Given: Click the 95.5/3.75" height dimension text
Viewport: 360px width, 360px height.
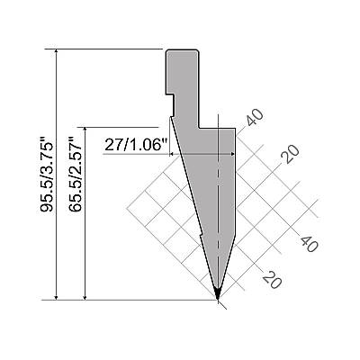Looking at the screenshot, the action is pos(47,175).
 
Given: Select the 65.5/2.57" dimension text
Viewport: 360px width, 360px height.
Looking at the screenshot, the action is pos(75,175).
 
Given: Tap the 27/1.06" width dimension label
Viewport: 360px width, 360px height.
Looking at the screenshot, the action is pos(136,146).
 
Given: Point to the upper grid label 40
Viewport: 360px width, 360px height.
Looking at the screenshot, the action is pos(255,117).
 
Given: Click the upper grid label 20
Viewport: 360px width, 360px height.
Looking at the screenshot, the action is pos(291,154).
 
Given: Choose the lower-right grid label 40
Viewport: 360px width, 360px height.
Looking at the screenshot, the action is pos(309,244).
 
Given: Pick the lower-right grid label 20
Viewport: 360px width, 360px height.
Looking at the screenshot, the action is pos(272,279).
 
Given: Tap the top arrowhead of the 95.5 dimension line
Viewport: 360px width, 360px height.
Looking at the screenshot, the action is pos(56,52).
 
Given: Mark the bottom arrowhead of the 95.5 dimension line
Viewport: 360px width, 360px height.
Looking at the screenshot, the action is pos(56,296).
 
